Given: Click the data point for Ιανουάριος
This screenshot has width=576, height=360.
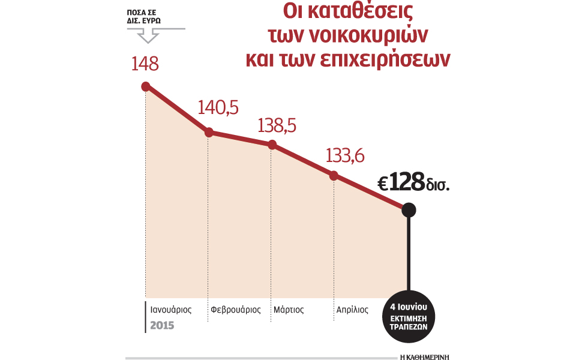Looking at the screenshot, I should [145, 86].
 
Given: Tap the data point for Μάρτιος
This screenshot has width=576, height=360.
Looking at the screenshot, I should [272, 145].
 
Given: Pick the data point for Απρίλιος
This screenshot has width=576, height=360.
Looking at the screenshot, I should [334, 175].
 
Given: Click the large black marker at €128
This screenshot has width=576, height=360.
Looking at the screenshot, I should [409, 209].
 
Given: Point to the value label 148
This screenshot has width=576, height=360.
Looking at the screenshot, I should [145, 63].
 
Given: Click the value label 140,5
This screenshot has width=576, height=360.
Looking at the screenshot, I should [218, 108].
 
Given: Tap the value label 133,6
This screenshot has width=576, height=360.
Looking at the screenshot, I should [345, 155].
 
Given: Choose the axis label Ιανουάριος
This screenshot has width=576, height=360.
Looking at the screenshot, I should [171, 310].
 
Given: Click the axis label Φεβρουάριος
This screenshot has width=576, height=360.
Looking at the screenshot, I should [236, 310].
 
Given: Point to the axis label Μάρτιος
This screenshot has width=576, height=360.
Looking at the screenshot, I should [289, 310].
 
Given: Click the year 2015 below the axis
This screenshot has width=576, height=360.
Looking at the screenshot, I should [163, 325].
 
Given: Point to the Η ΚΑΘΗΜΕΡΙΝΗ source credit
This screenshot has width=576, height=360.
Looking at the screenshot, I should [423, 348].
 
